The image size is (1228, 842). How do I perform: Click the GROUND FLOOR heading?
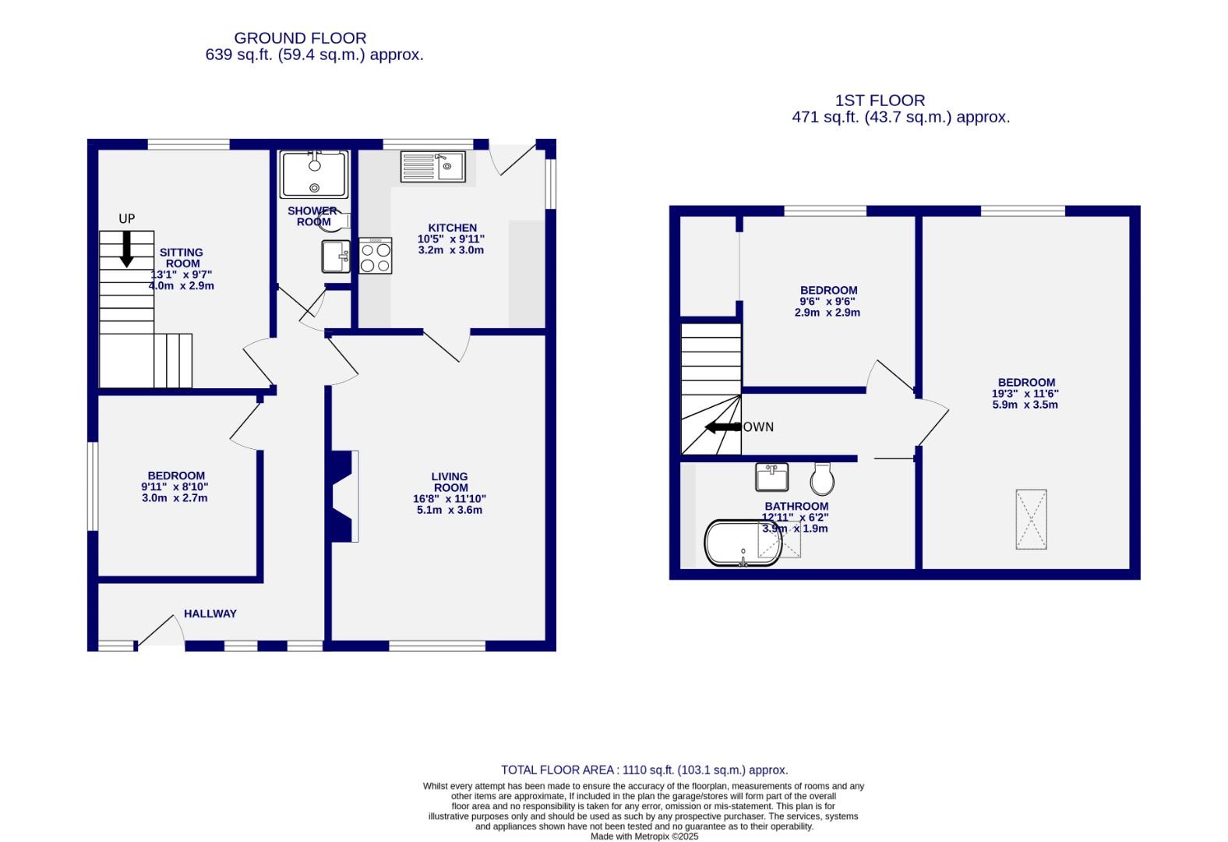300,37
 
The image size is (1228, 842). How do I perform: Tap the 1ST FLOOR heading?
880,100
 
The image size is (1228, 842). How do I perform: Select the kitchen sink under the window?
432,166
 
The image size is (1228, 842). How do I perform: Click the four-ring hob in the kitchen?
376,256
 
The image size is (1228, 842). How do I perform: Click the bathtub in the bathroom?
743,543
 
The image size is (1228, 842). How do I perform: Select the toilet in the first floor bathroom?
822,479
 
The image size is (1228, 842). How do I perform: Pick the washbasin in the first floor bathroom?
771,476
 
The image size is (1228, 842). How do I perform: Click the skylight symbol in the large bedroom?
1031,519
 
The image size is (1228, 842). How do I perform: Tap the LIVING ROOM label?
450,482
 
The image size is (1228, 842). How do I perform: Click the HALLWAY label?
210,614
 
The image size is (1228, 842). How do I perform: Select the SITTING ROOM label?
181,257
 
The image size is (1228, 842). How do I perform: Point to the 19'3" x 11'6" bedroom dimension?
1025,394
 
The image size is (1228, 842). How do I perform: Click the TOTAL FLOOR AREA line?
644,769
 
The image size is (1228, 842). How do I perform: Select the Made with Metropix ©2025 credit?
644,837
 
